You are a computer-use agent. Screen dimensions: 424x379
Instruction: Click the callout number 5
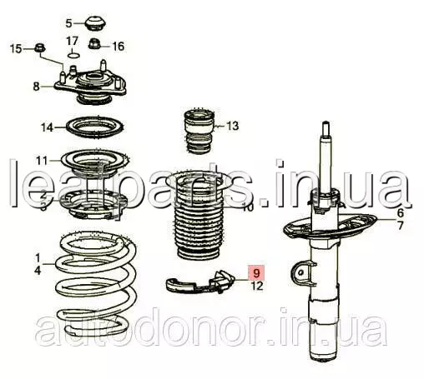click(69, 23)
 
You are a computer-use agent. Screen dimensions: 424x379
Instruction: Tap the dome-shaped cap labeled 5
click(96, 24)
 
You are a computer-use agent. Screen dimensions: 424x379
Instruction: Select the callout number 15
click(16, 49)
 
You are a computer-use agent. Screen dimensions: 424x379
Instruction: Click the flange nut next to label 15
click(40, 48)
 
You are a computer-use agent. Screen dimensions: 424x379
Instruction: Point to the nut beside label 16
click(95, 43)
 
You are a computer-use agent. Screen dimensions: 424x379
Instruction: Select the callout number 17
click(72, 42)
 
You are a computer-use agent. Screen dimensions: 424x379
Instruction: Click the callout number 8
click(36, 87)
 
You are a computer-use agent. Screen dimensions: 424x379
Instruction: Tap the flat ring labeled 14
click(95, 127)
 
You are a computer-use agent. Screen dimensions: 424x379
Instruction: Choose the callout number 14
click(47, 127)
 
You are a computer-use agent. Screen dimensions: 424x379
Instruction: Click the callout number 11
click(42, 161)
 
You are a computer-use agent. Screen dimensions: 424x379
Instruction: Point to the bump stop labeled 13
click(199, 131)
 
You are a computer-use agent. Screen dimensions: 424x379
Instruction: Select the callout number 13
click(233, 126)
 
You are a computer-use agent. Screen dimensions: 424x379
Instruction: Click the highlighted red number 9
click(257, 272)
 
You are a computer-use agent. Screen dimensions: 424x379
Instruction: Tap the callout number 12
click(257, 286)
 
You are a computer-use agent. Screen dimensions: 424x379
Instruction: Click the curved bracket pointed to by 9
click(200, 282)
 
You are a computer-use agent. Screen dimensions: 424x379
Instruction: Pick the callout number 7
click(400, 225)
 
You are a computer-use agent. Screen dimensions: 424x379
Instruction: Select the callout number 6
click(400, 213)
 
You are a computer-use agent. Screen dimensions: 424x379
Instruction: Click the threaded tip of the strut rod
click(326, 128)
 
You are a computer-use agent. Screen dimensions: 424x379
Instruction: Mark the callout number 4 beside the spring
click(38, 270)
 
